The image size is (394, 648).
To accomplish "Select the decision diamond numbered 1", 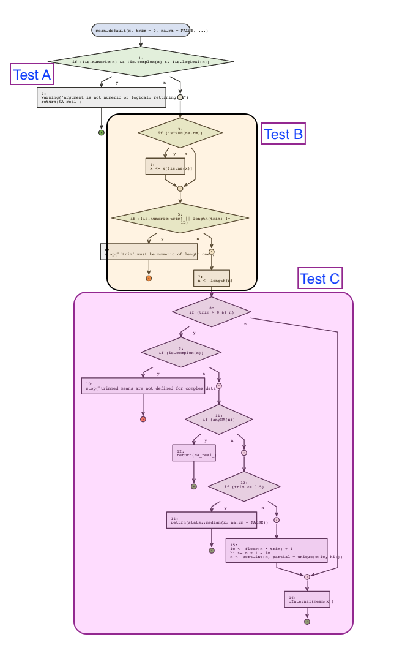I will coord(141,61).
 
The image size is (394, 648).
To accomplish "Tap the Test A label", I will coord(32,75).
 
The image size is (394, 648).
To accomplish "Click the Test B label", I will coord(283,134).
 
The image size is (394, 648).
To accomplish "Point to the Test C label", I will coord(319,279).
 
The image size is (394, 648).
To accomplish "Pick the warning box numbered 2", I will coord(102,97).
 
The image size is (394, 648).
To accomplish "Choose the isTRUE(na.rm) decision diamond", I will coord(180,132).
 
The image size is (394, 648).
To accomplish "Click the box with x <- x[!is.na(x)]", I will coord(165,166).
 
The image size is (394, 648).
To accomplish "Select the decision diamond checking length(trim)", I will coord(180,219).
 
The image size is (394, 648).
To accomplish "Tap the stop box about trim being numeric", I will coord(149,252).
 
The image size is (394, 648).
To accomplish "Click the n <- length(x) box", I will coord(212,279).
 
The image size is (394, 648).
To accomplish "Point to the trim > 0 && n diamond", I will coord(211,311).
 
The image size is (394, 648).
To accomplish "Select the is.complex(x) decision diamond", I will coord(181,352).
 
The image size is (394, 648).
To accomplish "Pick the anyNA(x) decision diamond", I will coord(219,420).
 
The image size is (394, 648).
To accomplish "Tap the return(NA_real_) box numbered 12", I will coord(194,453).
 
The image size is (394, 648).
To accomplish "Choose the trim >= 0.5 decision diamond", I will coord(244,486).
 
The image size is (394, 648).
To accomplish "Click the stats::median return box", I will coord(211,520).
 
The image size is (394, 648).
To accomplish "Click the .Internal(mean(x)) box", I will coord(307,599).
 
